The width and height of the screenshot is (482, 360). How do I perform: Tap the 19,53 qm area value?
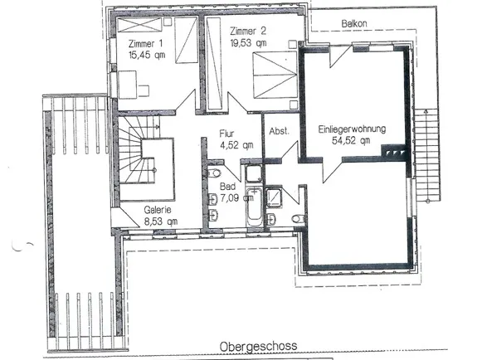tap(250, 42)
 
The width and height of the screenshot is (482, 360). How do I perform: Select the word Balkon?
tap(355, 25)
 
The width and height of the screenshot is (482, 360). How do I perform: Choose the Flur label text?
tap(227, 133)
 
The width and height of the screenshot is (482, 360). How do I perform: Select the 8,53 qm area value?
tap(159, 221)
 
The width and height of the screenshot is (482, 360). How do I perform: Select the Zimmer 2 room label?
tap(247, 31)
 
